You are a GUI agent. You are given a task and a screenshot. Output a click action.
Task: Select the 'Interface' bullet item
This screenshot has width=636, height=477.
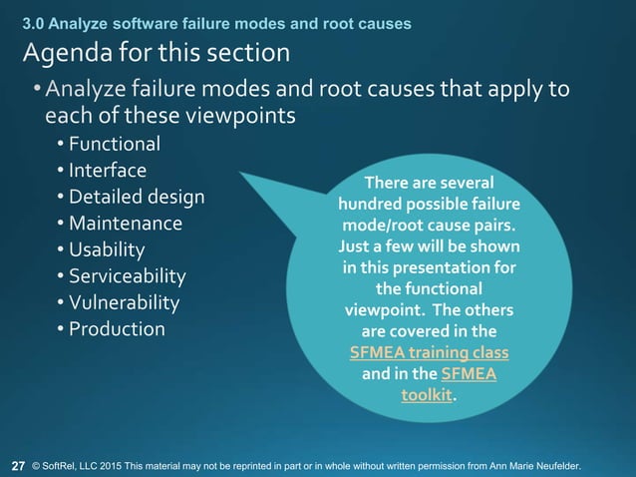(108, 171)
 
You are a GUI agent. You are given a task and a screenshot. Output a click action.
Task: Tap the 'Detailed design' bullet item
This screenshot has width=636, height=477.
(137, 197)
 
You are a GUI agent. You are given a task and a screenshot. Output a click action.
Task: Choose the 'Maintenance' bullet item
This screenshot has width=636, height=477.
(125, 223)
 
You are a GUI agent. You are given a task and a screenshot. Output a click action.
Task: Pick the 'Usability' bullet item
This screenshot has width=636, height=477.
(107, 249)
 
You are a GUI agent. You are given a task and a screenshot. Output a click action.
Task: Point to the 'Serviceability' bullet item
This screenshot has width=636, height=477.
(127, 275)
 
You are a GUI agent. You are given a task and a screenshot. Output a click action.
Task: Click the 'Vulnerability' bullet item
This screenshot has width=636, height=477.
(124, 301)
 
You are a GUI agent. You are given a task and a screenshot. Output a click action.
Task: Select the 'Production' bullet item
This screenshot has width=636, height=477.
(117, 328)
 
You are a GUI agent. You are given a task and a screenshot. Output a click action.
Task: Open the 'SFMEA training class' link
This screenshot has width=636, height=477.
(429, 353)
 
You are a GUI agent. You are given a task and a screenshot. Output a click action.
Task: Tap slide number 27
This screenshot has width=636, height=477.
(18, 465)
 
